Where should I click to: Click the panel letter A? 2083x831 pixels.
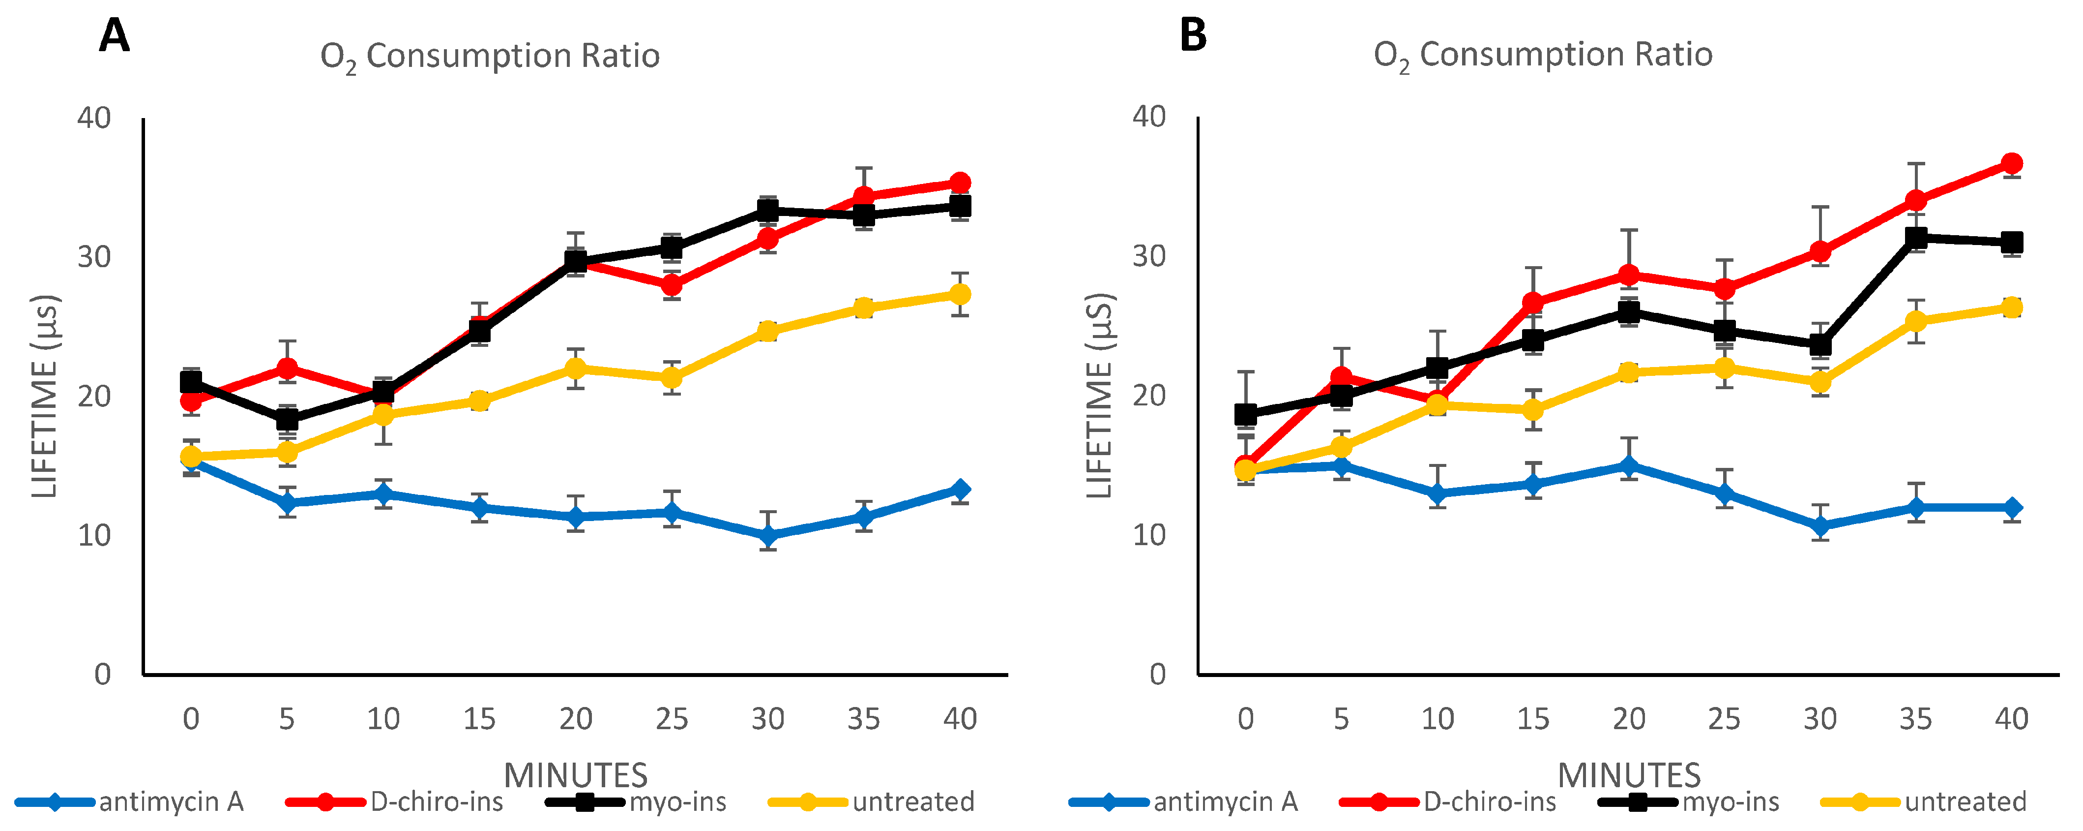(x=114, y=36)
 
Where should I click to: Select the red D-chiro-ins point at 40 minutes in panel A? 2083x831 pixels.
(x=960, y=183)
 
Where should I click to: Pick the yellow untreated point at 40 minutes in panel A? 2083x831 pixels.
(x=960, y=294)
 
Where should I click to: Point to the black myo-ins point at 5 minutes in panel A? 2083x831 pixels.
(x=287, y=419)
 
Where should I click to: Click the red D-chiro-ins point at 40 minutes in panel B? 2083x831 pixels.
(x=2012, y=163)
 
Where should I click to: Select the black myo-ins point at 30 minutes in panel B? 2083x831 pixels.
(x=1820, y=345)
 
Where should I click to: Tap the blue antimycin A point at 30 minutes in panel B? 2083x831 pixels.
(x=1820, y=526)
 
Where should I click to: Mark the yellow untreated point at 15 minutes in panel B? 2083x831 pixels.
(x=1532, y=409)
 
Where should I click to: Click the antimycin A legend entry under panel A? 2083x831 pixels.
(x=171, y=802)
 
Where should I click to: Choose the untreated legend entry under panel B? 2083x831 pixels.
(x=1965, y=802)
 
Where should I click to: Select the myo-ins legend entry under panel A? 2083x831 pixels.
(x=677, y=802)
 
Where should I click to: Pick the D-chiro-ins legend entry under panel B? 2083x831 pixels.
(x=1490, y=802)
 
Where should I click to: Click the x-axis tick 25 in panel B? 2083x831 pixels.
(x=1724, y=718)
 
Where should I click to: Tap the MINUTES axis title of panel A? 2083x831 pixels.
(x=576, y=775)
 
